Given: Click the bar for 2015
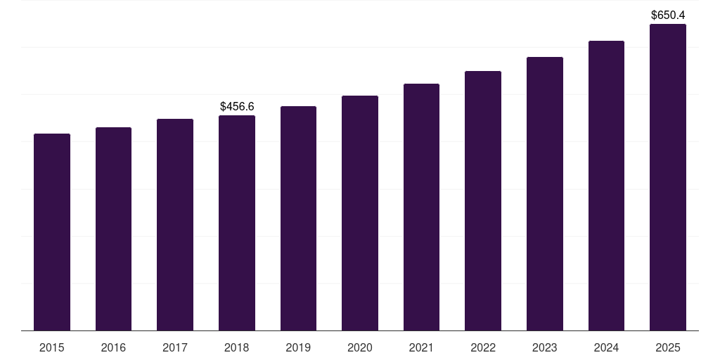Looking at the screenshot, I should (52, 232).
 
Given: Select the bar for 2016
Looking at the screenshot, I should (113, 229).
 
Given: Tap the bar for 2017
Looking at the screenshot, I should (175, 224).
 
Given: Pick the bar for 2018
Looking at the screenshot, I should (237, 223).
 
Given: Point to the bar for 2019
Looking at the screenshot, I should (298, 218).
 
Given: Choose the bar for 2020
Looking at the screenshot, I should (360, 213).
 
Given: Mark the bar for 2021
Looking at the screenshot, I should (421, 207).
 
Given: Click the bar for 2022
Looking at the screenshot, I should (483, 200).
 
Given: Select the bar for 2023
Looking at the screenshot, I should (545, 193).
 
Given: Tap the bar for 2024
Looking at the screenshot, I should (606, 186).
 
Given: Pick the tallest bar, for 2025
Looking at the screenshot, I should (668, 177).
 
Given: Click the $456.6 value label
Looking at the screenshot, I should (237, 107).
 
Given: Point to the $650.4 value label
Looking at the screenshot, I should (668, 15).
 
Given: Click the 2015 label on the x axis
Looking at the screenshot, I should (52, 347).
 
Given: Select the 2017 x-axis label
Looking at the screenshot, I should (175, 347).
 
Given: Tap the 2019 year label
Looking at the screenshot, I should (298, 347).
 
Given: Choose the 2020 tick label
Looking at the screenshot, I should (360, 347).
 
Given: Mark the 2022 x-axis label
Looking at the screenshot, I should (483, 347).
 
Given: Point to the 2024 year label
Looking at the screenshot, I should (606, 347).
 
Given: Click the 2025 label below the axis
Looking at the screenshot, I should (668, 347).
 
